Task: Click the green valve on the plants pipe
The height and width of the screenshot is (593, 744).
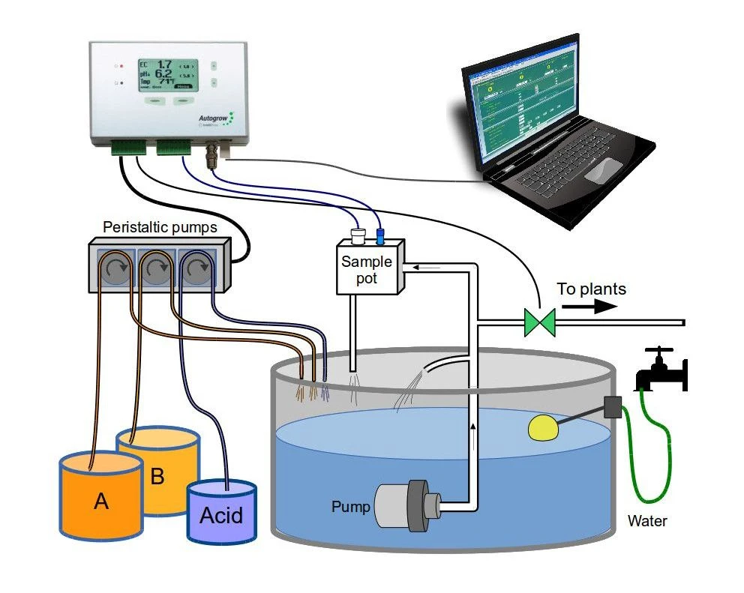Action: click(540, 323)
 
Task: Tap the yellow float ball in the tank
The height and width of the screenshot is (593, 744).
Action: click(545, 427)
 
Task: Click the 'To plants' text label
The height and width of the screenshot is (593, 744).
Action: click(591, 289)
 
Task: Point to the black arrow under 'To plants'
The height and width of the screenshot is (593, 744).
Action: click(589, 306)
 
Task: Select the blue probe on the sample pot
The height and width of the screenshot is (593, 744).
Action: click(379, 236)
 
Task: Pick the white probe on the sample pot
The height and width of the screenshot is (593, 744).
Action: click(358, 236)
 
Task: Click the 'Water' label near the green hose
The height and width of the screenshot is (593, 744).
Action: click(647, 520)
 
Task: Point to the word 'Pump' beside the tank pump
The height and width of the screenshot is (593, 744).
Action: click(351, 507)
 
